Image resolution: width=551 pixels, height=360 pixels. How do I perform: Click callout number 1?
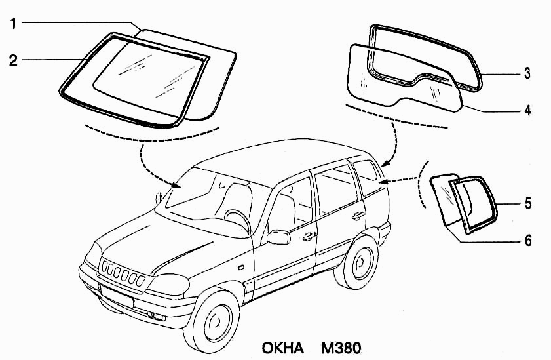pos(12,24)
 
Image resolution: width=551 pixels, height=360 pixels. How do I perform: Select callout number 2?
pos(12,61)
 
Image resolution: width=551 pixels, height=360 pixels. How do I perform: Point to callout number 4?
pos(527,110)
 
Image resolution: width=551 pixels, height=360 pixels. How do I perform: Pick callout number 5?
pos(527,204)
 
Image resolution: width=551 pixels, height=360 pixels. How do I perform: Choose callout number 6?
pos(527,241)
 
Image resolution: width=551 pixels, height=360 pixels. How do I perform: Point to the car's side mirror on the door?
pos(278,236)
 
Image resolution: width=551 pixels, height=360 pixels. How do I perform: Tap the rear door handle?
pos(358,216)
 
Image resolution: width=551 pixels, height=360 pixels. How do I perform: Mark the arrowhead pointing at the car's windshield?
pos(176,186)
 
